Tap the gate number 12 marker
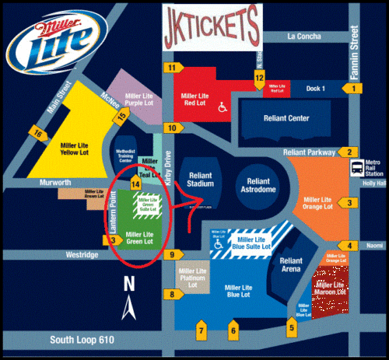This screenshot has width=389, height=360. pyautogui.click(x=259, y=77)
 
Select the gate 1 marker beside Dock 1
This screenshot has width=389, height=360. pyautogui.click(x=354, y=89)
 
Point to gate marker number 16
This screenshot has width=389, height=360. pyautogui.click(x=37, y=134)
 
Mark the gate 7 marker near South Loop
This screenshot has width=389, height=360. pyautogui.click(x=202, y=331)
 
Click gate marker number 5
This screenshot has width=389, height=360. pyautogui.click(x=292, y=327)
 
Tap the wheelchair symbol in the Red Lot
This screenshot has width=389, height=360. pyautogui.click(x=221, y=107)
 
